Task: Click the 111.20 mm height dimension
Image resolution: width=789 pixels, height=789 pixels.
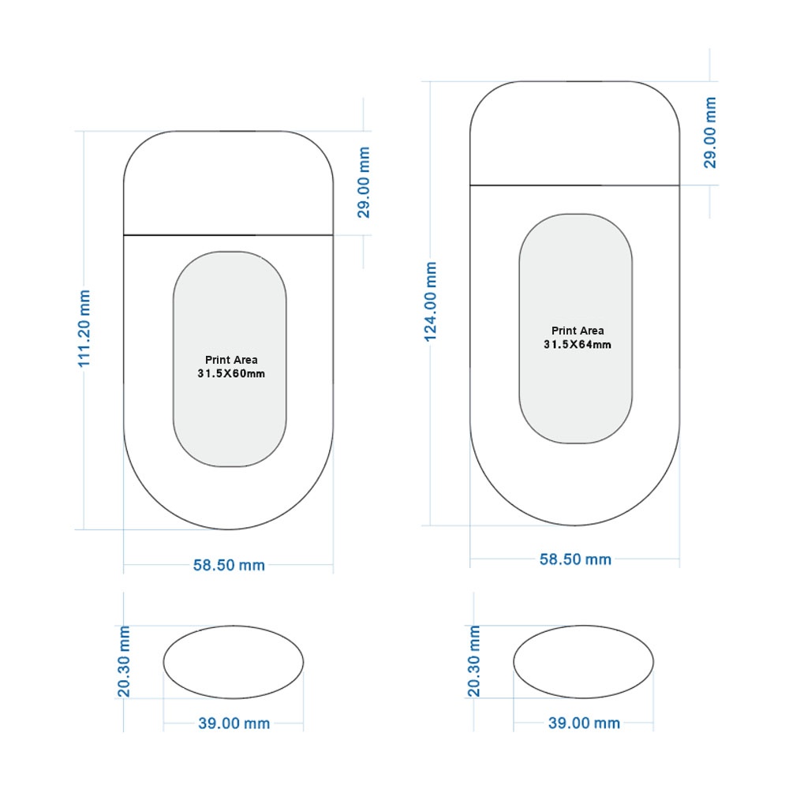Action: (x=84, y=328)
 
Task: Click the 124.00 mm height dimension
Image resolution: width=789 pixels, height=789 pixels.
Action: (x=430, y=302)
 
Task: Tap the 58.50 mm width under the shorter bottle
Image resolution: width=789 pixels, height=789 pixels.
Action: (x=229, y=565)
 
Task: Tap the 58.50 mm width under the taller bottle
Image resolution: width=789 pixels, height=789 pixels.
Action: (x=575, y=559)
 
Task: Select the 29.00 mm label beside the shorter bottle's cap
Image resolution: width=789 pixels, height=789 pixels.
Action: (x=363, y=182)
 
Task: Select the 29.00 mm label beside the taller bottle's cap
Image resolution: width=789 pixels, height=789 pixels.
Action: (x=709, y=133)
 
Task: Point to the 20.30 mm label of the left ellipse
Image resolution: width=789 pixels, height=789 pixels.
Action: (x=124, y=661)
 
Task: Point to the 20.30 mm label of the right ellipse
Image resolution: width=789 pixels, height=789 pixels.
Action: (x=474, y=661)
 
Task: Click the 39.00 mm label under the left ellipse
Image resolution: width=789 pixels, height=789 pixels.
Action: (x=234, y=723)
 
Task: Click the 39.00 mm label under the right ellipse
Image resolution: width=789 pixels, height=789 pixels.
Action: (x=584, y=723)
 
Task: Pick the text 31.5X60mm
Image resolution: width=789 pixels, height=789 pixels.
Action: (x=231, y=373)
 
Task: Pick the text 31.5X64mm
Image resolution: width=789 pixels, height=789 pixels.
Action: (x=578, y=344)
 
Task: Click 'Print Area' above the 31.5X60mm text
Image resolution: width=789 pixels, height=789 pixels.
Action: (x=231, y=360)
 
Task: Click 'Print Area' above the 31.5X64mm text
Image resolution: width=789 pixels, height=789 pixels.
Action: (x=578, y=331)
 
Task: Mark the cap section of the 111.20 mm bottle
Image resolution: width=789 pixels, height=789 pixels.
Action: (x=229, y=183)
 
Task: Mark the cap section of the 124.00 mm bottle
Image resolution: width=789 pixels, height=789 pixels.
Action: (x=574, y=133)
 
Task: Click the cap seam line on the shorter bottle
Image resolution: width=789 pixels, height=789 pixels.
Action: (x=229, y=235)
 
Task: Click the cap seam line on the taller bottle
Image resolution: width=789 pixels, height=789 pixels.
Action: (x=574, y=185)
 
